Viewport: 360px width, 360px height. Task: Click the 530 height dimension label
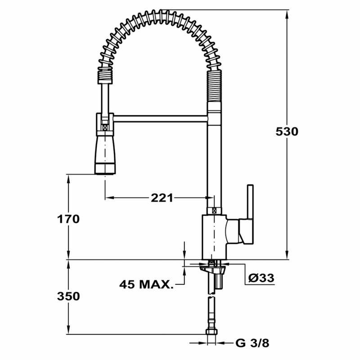coord(287,132)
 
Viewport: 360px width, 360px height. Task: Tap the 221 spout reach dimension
coord(162,198)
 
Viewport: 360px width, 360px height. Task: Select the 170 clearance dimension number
coord(68,219)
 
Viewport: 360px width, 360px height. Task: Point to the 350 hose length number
coord(68,297)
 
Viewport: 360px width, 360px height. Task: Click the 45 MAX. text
coord(146,284)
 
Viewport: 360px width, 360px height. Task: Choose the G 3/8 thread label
coord(252,343)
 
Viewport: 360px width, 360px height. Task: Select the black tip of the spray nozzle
coord(105,170)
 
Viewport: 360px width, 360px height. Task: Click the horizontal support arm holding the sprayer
coord(160,118)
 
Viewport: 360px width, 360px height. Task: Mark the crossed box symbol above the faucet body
coord(214,210)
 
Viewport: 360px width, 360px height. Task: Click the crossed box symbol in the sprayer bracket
coord(105,128)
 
